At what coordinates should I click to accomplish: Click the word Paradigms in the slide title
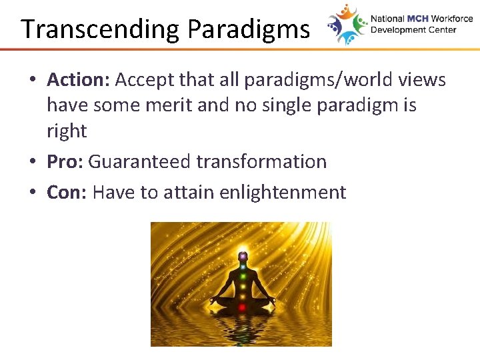(248, 30)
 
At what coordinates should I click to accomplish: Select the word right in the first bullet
(67, 131)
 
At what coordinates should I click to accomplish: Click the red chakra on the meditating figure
(242, 307)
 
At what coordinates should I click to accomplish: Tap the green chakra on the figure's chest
(242, 275)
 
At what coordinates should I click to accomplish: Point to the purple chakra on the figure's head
(242, 255)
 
